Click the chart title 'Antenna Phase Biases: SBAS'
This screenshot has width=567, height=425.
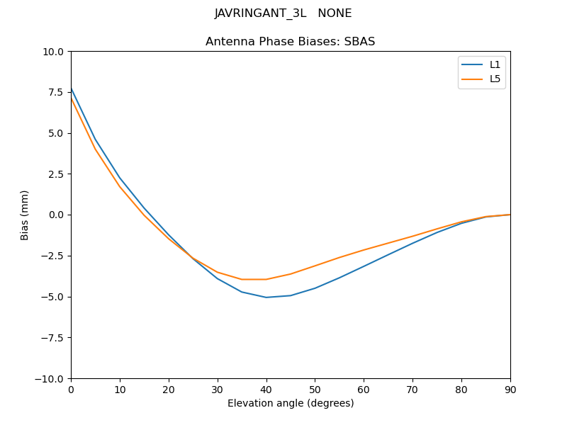coord(290,42)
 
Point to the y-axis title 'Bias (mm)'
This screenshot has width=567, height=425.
coord(25,215)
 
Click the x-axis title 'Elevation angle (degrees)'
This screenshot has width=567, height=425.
coord(291,404)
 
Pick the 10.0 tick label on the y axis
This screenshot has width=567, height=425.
coord(55,52)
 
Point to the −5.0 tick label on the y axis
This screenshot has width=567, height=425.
coord(52,297)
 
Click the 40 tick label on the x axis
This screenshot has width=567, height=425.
coord(266,389)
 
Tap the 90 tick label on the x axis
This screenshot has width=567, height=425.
coord(510,389)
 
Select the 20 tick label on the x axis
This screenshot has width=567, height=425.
coord(169,389)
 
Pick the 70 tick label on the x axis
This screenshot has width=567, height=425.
coord(412,389)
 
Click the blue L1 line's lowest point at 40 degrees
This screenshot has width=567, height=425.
coord(266,297)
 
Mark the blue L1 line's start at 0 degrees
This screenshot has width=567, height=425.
coord(72,89)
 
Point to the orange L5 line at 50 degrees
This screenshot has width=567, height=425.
coord(315,266)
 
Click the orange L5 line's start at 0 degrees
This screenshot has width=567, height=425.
coord(72,98)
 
